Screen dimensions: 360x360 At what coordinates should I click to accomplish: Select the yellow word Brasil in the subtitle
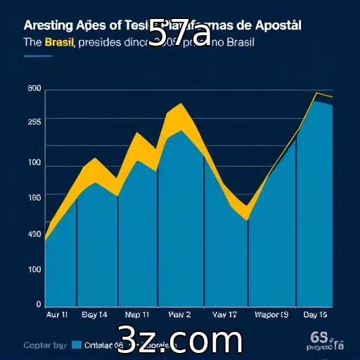pos(60,43)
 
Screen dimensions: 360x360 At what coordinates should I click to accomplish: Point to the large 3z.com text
pos(180,340)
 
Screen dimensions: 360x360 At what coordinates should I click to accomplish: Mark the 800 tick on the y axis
pos(34,89)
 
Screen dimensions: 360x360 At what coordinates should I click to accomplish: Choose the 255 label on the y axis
pos(34,122)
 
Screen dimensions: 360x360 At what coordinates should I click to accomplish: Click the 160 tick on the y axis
pos(34,198)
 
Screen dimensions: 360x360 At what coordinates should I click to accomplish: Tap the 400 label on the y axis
pos(34,234)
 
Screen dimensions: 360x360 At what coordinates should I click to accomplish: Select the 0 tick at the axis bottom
pos(38,304)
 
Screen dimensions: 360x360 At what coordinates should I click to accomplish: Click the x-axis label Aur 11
pos(57,315)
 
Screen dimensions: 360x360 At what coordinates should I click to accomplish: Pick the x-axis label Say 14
pos(94,315)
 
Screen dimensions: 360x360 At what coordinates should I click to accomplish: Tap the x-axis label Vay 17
pos(224,315)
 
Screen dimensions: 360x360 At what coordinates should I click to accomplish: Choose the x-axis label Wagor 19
pos(271,315)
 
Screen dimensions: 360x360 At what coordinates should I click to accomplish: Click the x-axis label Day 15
pos(314,315)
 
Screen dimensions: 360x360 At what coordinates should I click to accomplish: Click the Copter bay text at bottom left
pos(46,345)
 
